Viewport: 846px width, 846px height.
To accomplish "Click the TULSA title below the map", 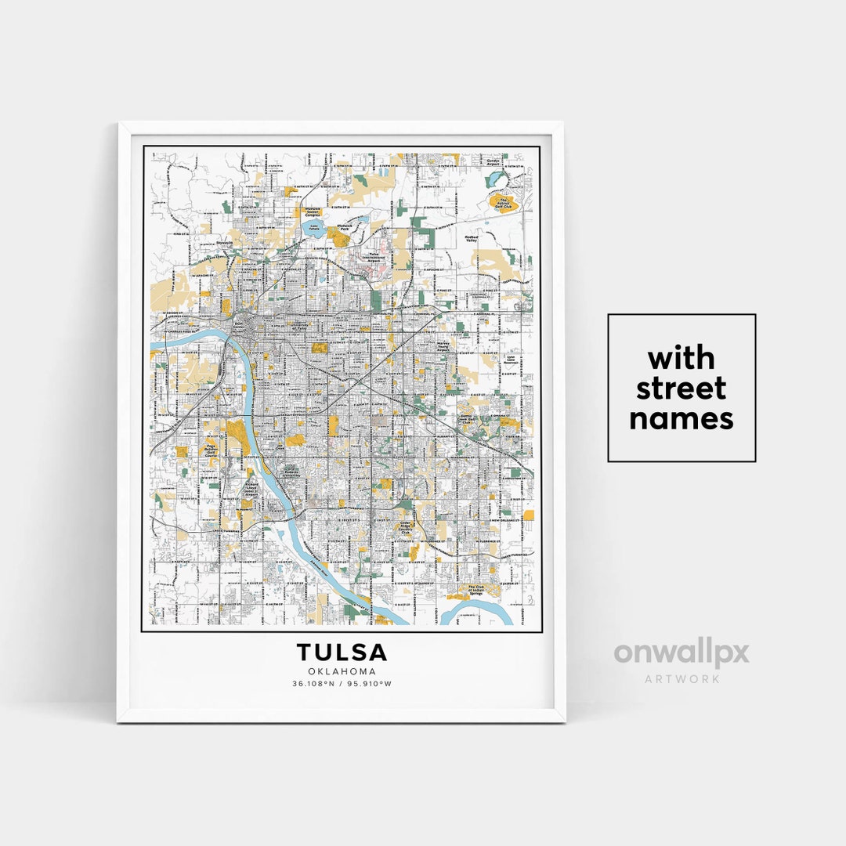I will pos(342,652).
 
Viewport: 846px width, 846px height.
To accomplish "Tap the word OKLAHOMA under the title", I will pos(342,671).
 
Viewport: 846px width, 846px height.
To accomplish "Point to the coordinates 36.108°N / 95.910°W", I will pos(342,684).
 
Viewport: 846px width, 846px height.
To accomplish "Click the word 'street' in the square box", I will pos(681,389).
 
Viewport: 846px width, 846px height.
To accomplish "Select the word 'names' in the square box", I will pos(681,418).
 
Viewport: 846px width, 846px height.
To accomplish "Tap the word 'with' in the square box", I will pos(681,359).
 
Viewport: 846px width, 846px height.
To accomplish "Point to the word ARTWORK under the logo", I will pos(681,678).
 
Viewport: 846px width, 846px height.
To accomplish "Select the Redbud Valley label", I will pos(471,238).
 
